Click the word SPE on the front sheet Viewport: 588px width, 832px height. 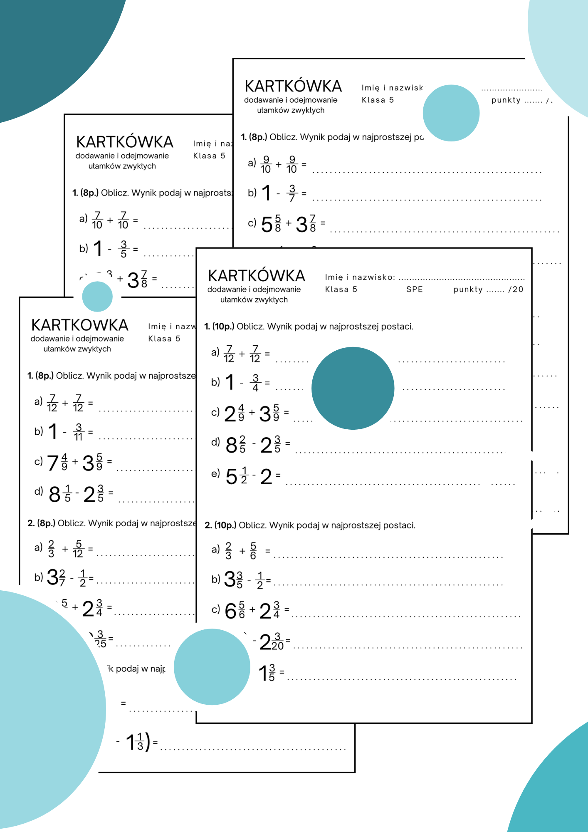pyautogui.click(x=414, y=290)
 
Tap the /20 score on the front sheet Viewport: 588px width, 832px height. pyautogui.click(x=516, y=290)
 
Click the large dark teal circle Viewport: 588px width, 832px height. pyautogui.click(x=353, y=388)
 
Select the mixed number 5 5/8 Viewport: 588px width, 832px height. pyautogui.click(x=271, y=224)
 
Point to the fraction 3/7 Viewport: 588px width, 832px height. pyautogui.click(x=292, y=193)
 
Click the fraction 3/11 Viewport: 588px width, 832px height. pyautogui.click(x=78, y=432)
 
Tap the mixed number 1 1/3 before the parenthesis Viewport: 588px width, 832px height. pyautogui.click(x=135, y=742)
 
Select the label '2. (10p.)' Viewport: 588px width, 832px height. pyautogui.click(x=220, y=525)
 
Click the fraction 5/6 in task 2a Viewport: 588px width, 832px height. pyautogui.click(x=253, y=551)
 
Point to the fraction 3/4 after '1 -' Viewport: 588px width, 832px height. pyautogui.click(x=255, y=383)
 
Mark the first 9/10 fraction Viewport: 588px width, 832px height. pyautogui.click(x=266, y=164)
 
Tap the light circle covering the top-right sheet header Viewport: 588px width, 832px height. pyautogui.click(x=451, y=113)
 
